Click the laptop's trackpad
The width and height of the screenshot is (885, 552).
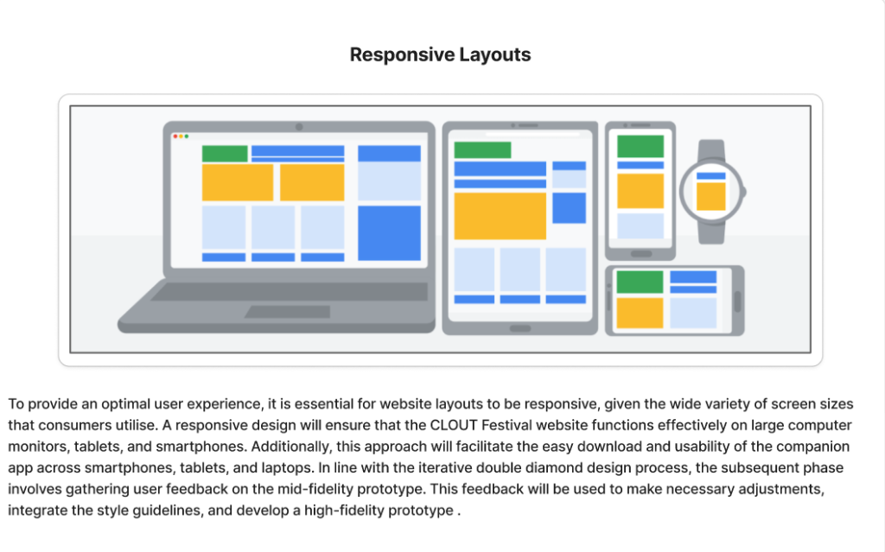[x=287, y=311]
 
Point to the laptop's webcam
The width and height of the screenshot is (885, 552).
[x=299, y=127]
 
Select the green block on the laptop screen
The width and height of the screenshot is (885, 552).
[x=225, y=154]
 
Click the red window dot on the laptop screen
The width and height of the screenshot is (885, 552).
[x=175, y=136]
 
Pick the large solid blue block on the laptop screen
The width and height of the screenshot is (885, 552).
[x=389, y=232]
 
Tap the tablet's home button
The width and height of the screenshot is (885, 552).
[x=520, y=328]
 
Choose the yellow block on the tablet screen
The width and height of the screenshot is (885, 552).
[x=500, y=216]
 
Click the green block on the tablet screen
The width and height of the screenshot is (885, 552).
[x=482, y=149]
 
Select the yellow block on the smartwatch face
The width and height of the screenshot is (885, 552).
[x=710, y=196]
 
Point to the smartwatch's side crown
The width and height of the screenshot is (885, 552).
[x=743, y=192]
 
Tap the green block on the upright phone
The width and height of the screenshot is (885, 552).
[x=640, y=146]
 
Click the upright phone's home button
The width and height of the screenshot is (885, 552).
[x=640, y=254]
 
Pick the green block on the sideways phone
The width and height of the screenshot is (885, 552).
[x=640, y=282]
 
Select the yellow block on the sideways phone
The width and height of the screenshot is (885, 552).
[x=640, y=313]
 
